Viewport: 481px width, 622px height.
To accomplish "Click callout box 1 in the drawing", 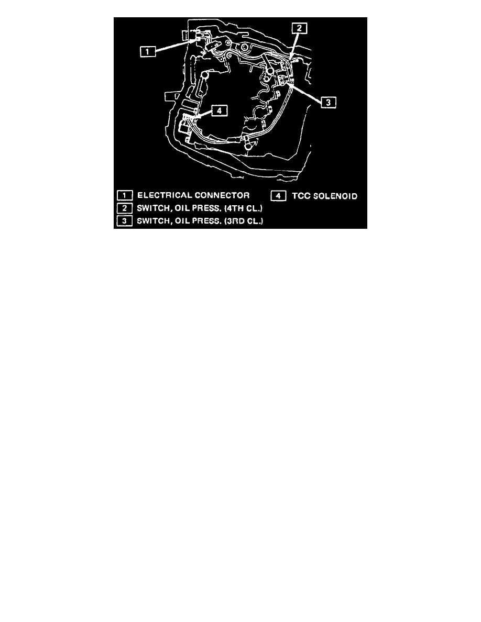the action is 147,51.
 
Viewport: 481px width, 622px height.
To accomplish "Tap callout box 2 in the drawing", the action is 299,28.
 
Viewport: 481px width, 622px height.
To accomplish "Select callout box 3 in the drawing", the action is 328,102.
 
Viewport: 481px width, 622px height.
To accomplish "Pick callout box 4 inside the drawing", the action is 220,110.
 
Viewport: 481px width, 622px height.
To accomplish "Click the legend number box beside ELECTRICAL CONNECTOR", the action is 125,196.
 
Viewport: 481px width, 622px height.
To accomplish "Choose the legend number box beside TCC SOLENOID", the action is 279,196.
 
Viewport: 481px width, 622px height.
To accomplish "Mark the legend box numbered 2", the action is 125,208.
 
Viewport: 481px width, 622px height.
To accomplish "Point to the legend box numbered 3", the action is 125,220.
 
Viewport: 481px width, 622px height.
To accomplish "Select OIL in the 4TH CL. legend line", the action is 182,208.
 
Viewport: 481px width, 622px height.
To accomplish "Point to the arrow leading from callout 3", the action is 305,91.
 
